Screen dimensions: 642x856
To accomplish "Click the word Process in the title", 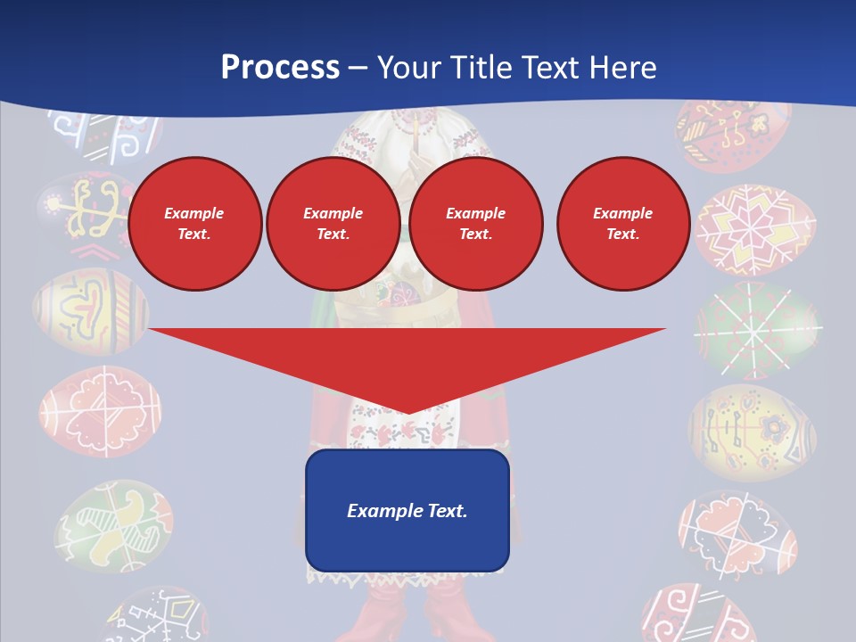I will tap(280, 68).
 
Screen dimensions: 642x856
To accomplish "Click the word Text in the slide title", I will tap(551, 68).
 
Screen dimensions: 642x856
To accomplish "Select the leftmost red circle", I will tap(195, 224).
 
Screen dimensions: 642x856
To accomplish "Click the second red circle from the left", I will tap(333, 224).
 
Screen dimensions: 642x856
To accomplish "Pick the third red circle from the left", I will tap(476, 224).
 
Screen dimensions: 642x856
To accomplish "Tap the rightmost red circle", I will tap(623, 224).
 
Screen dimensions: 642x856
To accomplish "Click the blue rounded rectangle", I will tap(407, 510).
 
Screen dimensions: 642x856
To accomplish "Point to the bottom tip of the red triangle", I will tap(407, 411).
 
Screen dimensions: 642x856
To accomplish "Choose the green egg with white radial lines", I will tap(756, 330).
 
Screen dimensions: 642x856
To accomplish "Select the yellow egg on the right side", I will tap(752, 432).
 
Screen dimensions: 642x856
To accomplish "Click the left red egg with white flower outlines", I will tap(101, 412).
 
